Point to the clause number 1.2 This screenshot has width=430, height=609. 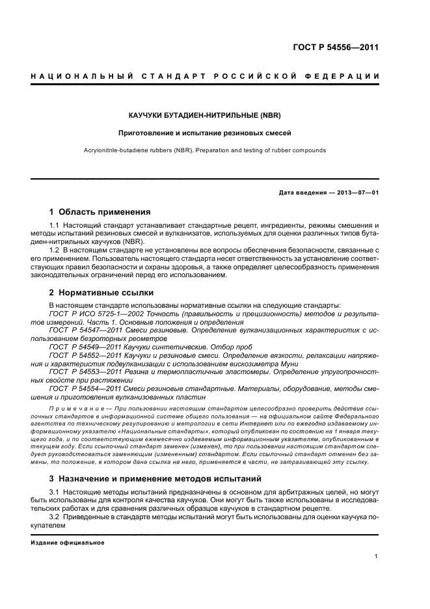(55, 250)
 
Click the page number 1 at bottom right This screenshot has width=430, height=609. (377, 556)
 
